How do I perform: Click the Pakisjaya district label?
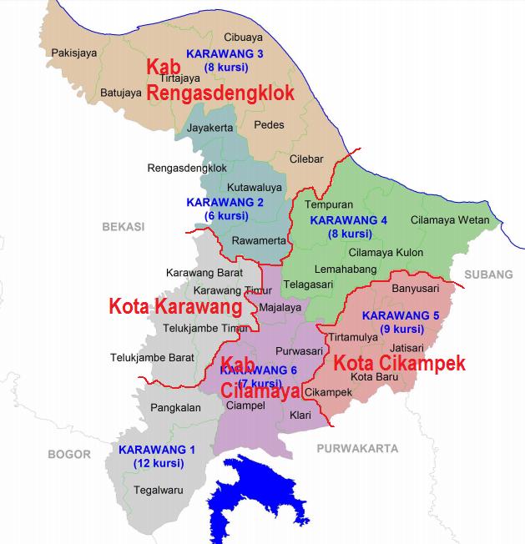pyautogui.click(x=73, y=53)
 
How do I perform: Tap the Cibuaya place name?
pyautogui.click(x=244, y=37)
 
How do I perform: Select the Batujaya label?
pyautogui.click(x=121, y=93)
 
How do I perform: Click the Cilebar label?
pyautogui.click(x=306, y=159)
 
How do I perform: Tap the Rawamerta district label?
pyautogui.click(x=260, y=240)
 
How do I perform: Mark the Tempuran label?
pyautogui.click(x=329, y=204)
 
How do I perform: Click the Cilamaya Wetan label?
pyautogui.click(x=450, y=220)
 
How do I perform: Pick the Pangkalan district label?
pyautogui.click(x=176, y=408)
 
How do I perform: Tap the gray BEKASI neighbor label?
pyautogui.click(x=124, y=226)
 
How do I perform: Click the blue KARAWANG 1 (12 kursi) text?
pyautogui.click(x=157, y=456)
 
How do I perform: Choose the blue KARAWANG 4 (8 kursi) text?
pyautogui.click(x=349, y=227)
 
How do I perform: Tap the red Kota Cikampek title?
pyautogui.click(x=399, y=364)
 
